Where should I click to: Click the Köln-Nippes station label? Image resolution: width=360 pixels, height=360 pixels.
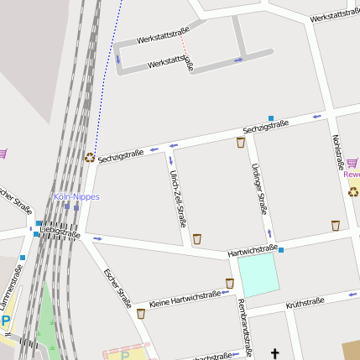coord(76,197)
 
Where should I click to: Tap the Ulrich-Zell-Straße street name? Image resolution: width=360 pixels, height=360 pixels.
coord(177,198)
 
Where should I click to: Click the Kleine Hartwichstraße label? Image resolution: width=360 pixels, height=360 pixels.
coord(184,298)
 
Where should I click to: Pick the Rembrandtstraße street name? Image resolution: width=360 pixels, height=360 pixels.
coord(245,326)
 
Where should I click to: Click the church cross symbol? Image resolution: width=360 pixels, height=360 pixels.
coord(274,355)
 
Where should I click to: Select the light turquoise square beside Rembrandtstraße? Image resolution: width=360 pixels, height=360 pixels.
coord(258,275)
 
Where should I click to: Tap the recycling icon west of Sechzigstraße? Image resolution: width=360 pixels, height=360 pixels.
coord(90,156)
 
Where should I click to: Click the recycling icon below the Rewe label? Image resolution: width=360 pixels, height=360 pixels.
coord(354,191)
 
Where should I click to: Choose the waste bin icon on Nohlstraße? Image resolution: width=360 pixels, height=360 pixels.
coord(336,225)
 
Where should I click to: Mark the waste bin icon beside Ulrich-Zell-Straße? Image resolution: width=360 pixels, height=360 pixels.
coord(197,238)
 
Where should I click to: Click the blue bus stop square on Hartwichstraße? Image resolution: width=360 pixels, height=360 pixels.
coord(281,250)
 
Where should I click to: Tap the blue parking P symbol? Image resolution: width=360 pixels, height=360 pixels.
coord(6,322)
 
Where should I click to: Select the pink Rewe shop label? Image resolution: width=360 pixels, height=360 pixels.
coord(352,175)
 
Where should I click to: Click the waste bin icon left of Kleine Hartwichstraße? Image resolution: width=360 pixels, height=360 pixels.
coord(141,314)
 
